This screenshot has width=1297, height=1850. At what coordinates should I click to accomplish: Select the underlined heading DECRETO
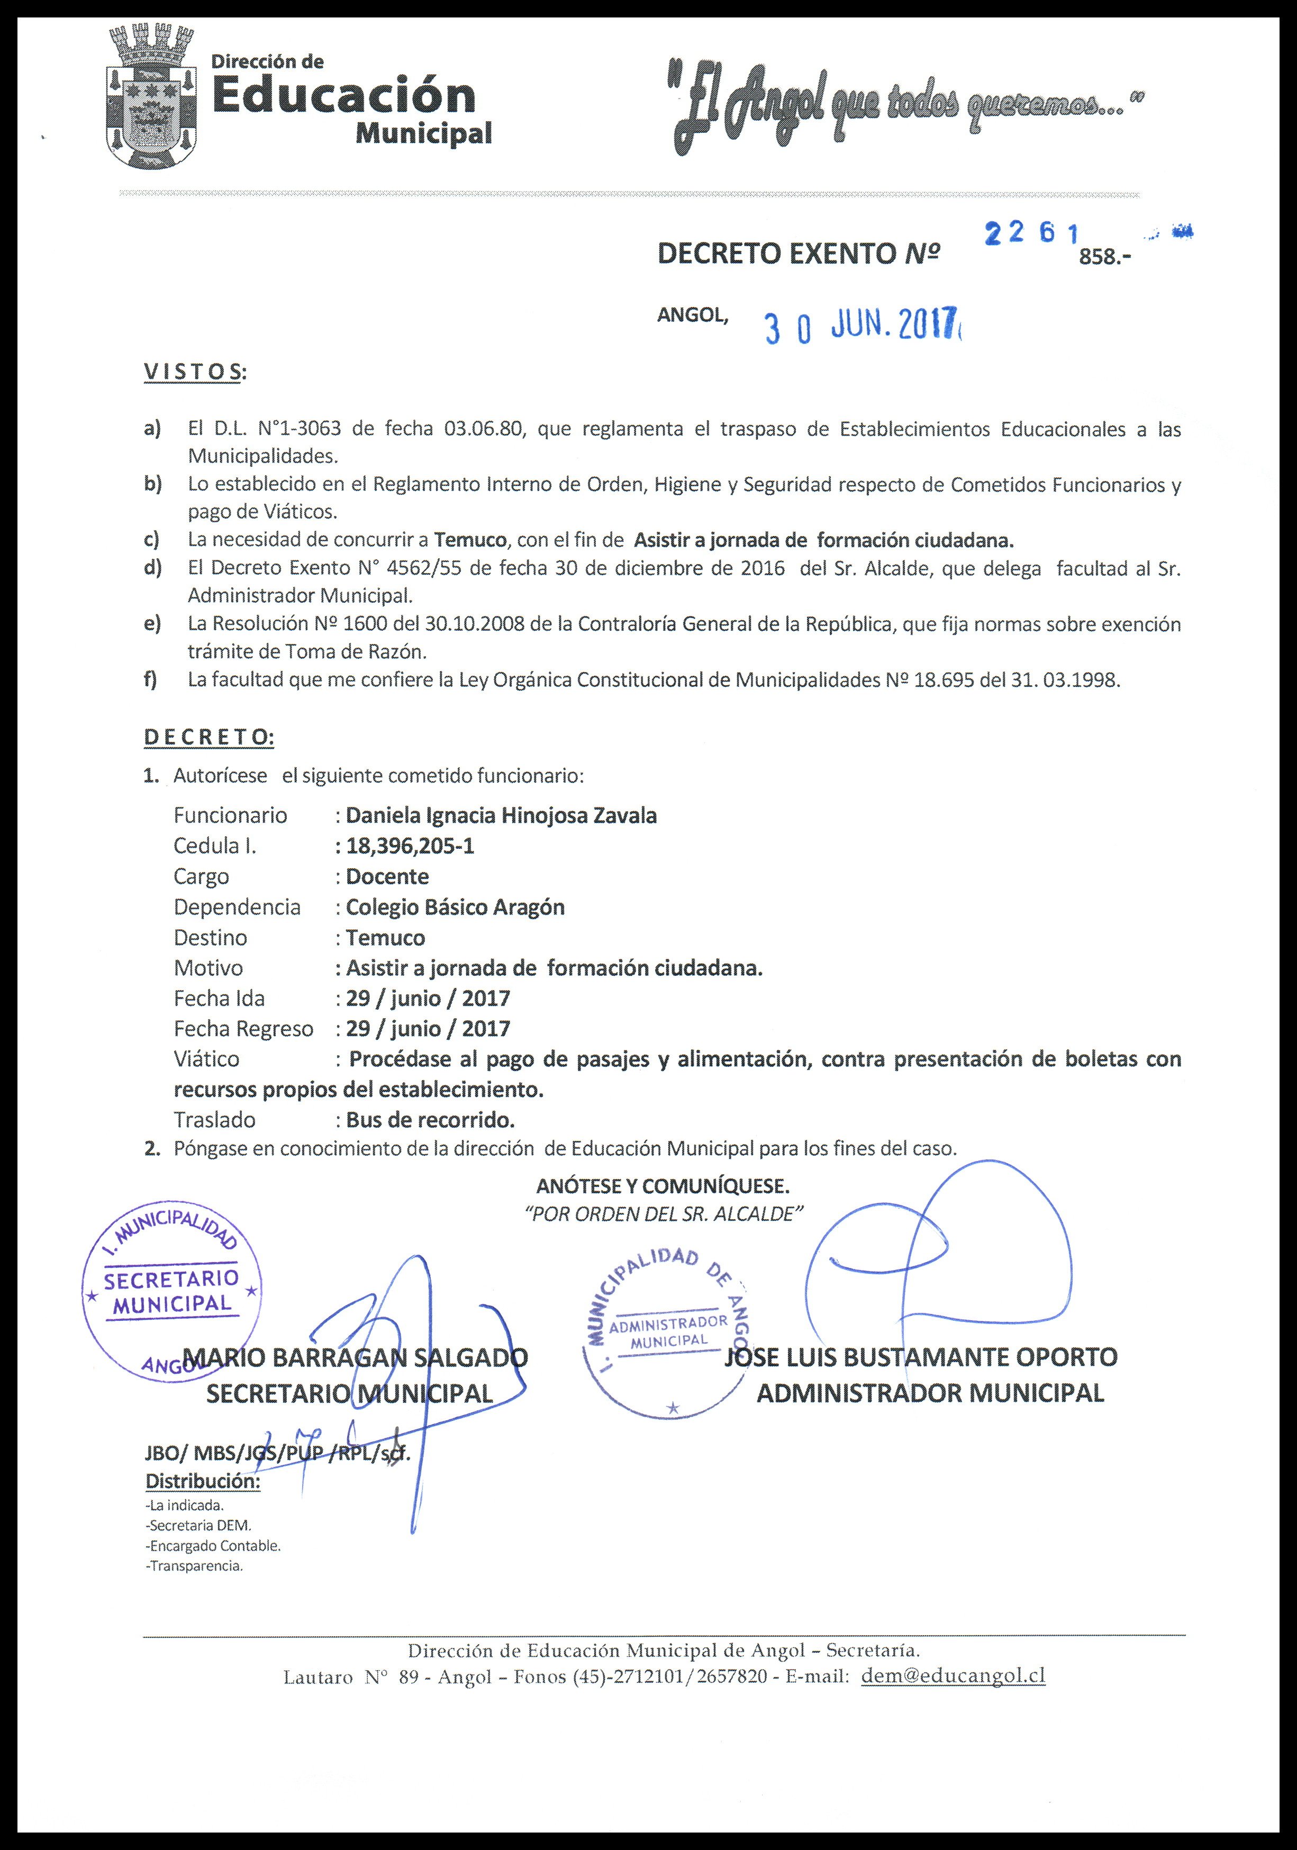(x=208, y=737)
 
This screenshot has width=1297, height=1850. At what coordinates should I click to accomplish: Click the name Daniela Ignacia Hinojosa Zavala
(x=501, y=815)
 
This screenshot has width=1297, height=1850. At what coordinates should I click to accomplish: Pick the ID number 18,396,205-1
(x=410, y=846)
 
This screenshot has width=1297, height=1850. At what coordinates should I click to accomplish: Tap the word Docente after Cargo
(x=387, y=877)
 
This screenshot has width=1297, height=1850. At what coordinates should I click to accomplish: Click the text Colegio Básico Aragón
(x=455, y=908)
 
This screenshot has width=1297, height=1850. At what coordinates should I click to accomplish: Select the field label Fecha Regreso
(x=243, y=1029)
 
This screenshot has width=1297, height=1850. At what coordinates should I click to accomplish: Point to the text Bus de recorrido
(x=430, y=1120)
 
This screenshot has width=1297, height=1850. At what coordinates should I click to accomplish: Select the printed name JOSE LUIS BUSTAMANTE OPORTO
(x=921, y=1357)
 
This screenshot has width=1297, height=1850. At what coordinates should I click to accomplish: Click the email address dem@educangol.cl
(x=953, y=1676)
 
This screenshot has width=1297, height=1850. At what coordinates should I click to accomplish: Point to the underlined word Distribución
(x=202, y=1481)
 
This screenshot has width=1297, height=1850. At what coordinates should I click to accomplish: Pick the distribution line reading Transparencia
(x=194, y=1566)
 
